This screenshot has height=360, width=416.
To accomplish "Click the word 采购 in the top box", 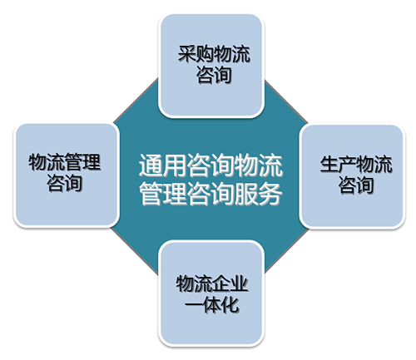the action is coord(196,53).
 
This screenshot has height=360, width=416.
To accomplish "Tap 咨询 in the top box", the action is coord(214,75).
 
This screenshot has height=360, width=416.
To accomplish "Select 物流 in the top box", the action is coord(232,53).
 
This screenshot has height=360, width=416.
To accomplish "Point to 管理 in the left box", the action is coord(82,162).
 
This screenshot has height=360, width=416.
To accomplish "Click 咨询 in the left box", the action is coord(64,183).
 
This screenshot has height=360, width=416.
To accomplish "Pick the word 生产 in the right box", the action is coord(338,165).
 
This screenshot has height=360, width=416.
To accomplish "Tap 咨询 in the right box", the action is coord(356,185).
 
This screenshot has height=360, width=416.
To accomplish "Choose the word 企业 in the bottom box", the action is coord(230,284).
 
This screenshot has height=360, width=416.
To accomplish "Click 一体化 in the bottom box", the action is coord(211,305).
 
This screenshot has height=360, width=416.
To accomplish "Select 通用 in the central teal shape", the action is coord(162,165).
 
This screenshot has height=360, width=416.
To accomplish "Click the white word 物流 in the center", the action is coord(258,165).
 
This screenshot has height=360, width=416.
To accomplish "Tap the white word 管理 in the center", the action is coord(162,194).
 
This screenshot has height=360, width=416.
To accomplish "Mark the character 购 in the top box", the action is coord(205,53).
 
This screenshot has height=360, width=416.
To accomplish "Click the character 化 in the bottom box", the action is coord(230,305).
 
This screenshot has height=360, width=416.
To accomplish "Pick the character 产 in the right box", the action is coord(347,165).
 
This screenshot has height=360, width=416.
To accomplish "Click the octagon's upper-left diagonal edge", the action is coord(136,101).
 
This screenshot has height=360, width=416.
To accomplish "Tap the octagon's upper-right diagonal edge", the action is coord(286,101).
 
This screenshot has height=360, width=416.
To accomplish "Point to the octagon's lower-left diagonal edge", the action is coord(135,251).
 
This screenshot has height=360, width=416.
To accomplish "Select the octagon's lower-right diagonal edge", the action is coord(286,251).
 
